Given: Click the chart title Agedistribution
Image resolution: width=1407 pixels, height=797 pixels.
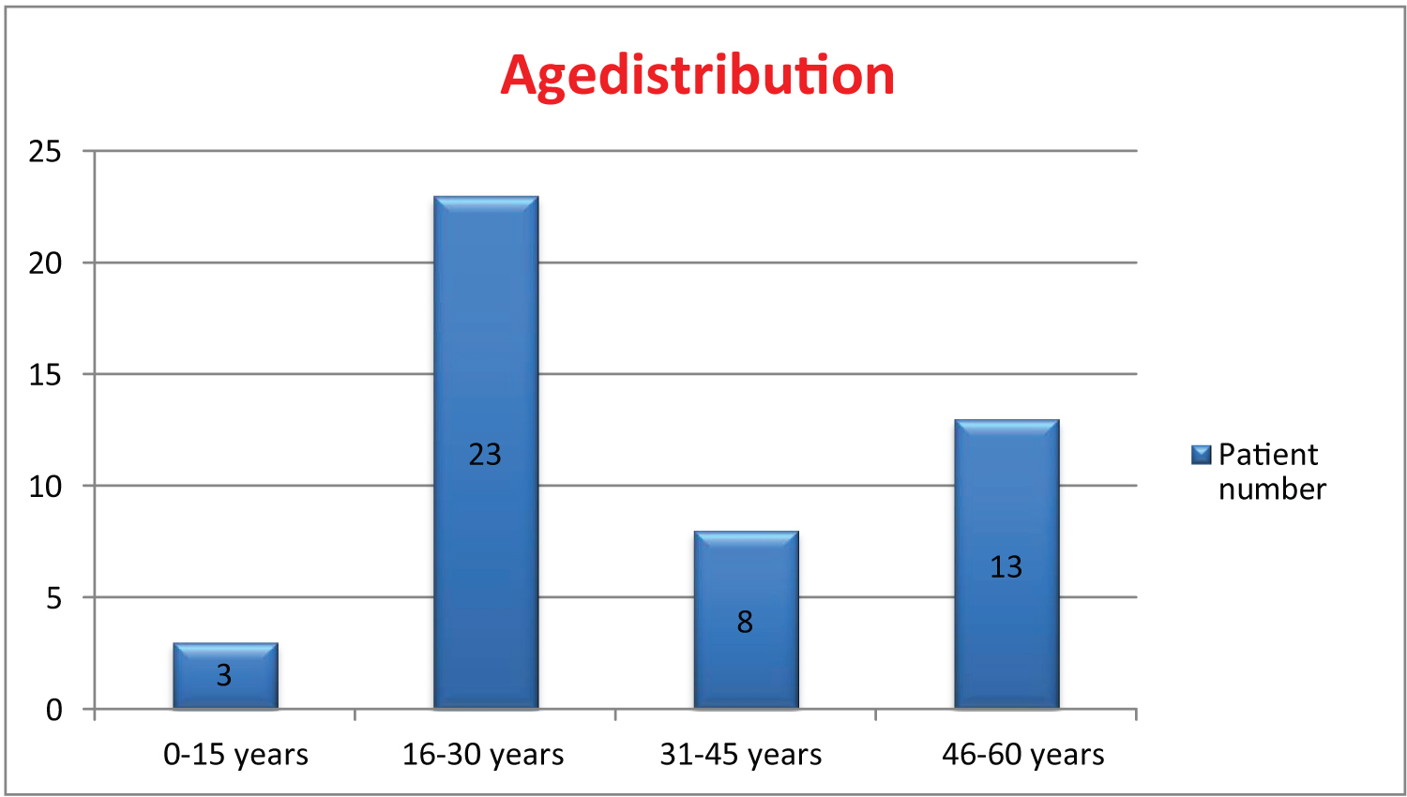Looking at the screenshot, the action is coord(697,77).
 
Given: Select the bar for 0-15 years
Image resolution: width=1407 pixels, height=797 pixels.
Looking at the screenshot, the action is coord(225,676).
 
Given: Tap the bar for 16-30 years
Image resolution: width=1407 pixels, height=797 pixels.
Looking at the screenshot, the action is coord(486,453).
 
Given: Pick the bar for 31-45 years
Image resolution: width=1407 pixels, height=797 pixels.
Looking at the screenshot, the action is coord(747,620).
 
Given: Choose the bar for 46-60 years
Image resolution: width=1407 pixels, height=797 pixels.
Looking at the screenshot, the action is coord(1006,564).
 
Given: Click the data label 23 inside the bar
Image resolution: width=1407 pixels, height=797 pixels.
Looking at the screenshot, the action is coord(485,455).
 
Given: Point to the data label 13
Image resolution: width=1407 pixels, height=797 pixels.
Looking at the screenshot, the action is coord(1006,567).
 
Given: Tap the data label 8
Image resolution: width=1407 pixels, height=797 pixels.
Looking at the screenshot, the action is coord(745,623).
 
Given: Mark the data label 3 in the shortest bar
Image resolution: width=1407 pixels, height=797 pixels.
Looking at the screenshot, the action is coord(224,676).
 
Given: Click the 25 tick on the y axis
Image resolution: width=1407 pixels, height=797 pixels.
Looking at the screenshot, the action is coord(45,151).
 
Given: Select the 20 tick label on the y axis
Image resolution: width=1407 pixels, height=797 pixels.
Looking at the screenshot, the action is coord(45,263).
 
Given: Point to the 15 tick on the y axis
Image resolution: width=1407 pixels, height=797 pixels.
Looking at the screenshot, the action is coord(45,375).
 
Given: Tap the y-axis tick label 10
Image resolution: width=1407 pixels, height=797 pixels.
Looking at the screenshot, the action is coord(45,486).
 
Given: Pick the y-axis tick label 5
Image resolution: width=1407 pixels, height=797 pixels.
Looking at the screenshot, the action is coord(54,598).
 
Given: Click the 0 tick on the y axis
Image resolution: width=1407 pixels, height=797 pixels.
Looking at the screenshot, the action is coord(54,710).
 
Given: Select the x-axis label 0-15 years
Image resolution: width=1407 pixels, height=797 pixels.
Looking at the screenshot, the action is coord(235,755).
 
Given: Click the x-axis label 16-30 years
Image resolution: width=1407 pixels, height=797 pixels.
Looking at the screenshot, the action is coord(483,755).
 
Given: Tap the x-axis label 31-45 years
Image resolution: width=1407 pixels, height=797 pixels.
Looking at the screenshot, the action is coord(741,755).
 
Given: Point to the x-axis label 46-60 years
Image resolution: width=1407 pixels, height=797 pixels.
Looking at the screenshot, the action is coord(1022,755).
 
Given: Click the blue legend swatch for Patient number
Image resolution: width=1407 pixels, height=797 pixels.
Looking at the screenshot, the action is coord(1201,455).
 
